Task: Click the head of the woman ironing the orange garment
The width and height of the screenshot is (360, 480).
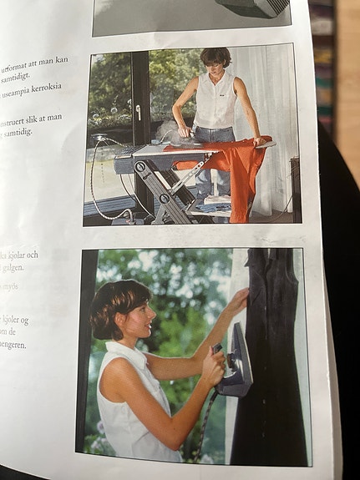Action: [x=215, y=61]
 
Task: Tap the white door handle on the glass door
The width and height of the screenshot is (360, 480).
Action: [x=138, y=111]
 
